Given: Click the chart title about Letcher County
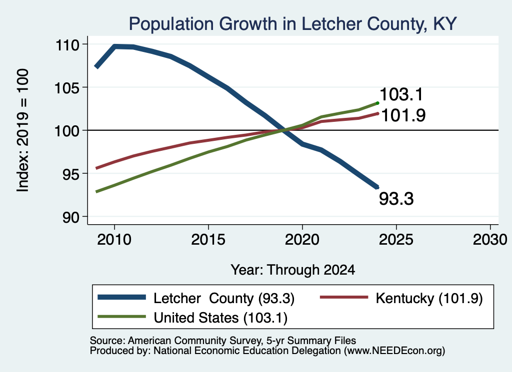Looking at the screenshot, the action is tap(292, 24).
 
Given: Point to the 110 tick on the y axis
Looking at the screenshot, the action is tap(67, 44).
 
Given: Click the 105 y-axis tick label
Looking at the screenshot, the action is tap(67, 88).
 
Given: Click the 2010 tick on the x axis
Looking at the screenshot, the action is tap(114, 240).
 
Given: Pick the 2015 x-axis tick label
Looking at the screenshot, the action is tap(208, 240).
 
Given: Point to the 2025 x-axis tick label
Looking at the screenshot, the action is tap(396, 240).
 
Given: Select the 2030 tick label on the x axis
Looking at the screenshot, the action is tap(490, 240).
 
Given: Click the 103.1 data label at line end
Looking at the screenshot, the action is tap(401, 94).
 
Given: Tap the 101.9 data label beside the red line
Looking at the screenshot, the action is tap(403, 115).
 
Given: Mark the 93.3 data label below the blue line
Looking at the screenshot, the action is tap(396, 199).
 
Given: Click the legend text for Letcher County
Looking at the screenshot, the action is tap(224, 298).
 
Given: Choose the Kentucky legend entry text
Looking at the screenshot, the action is tap(429, 298).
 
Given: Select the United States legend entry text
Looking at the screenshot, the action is tap(220, 318).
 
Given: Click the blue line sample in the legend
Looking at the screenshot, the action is tap(122, 297).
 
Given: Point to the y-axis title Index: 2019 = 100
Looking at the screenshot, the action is tap(23, 130).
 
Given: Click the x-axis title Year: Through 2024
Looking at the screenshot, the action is tap(293, 270).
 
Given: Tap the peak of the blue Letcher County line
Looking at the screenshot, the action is tap(115, 46).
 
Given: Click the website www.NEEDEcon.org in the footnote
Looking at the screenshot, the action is tap(394, 351).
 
